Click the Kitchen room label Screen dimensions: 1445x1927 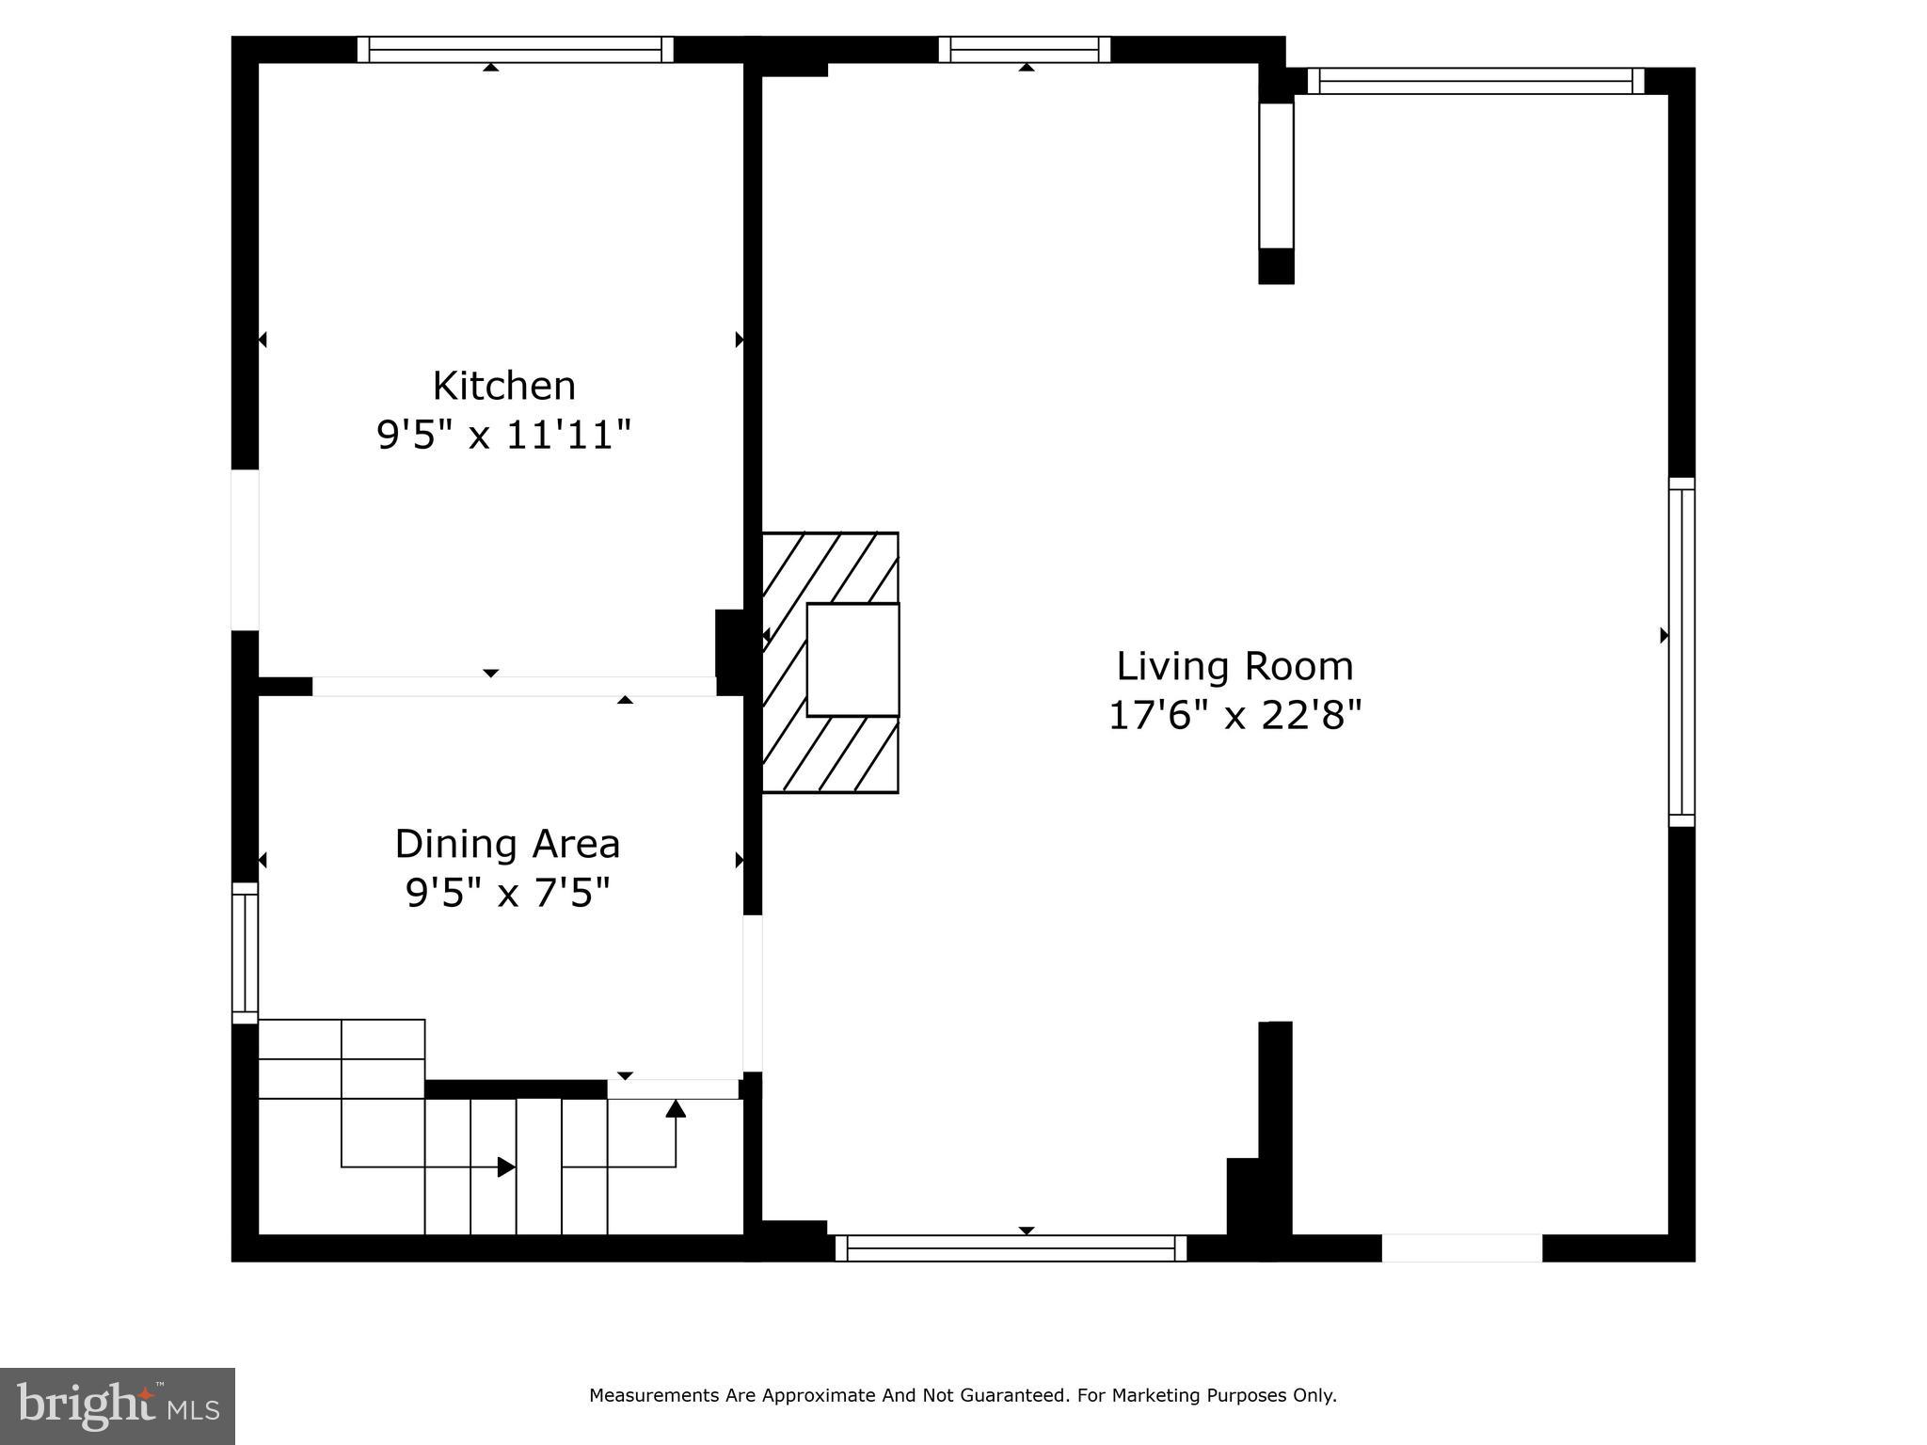503,387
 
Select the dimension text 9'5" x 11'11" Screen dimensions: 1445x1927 503,436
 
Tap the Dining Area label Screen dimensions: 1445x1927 507,844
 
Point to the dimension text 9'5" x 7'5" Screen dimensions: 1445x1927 508,893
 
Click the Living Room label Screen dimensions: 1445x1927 1234,667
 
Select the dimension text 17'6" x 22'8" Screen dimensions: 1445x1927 1234,716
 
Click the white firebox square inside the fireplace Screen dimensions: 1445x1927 852,659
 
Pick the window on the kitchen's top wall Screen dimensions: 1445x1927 516,49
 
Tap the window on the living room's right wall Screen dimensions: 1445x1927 1681,652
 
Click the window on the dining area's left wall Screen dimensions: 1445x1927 245,952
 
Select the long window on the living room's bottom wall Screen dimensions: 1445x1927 1011,1248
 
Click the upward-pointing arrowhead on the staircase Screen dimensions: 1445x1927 676,1108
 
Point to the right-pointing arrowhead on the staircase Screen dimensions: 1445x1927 506,1167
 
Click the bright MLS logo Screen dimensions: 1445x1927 117,1405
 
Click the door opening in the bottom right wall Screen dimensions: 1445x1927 1461,1248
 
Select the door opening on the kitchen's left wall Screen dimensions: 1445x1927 245,549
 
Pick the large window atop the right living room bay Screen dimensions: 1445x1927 1475,81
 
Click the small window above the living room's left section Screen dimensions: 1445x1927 1024,49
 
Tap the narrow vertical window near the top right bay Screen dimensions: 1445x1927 1276,175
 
